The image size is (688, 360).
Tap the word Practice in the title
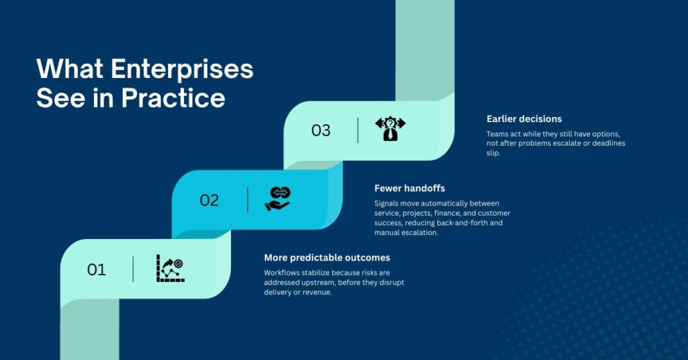coord(173,98)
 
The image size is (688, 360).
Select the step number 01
coord(97,269)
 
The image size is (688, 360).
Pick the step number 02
coord(210,200)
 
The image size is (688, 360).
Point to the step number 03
coord(321,130)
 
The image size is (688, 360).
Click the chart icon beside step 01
coord(170,268)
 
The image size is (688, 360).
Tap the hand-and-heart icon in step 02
coord(277,199)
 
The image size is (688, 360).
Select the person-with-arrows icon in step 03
coord(390,128)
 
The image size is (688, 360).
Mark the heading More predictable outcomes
coord(327,258)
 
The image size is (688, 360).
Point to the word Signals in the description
coord(388,204)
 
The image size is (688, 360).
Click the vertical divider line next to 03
coord(358,130)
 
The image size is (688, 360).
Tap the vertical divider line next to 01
coord(133,269)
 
